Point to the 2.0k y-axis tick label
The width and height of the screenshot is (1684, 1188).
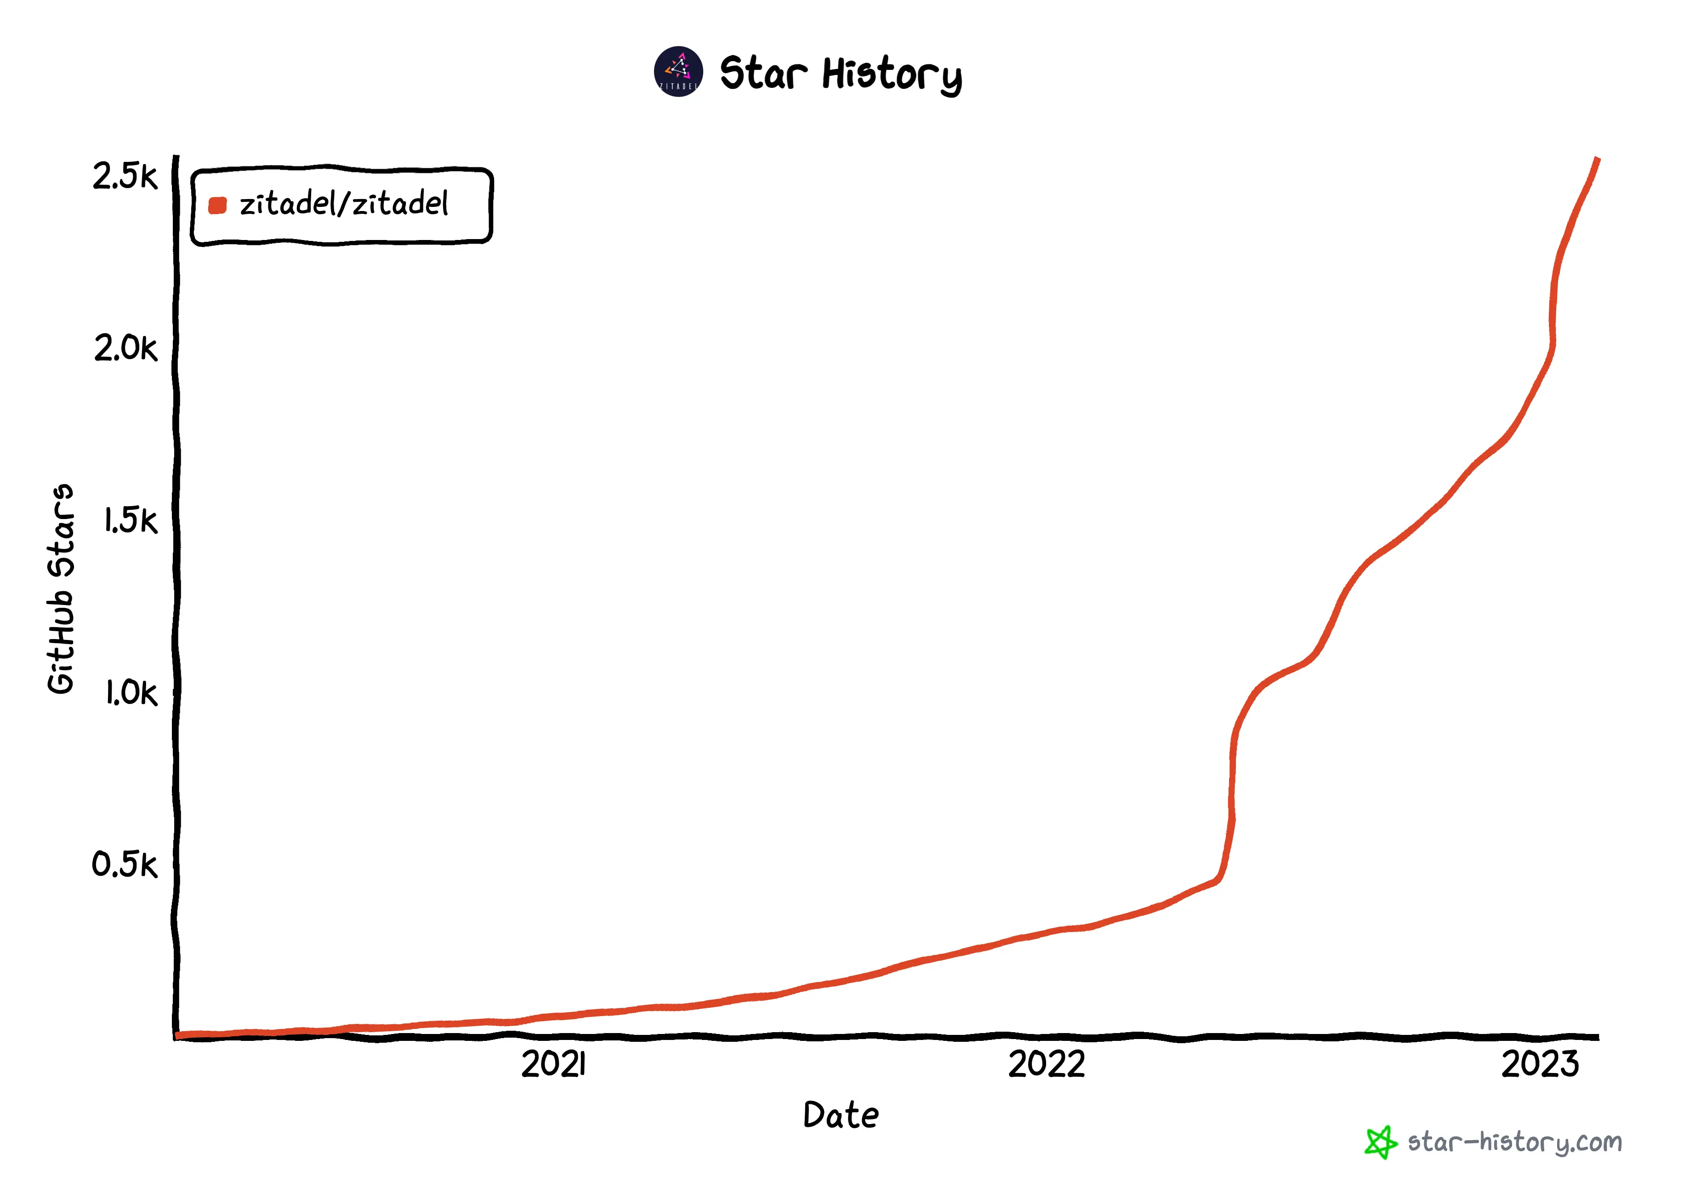[x=125, y=348]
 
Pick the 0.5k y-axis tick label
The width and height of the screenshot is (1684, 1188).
[x=125, y=864]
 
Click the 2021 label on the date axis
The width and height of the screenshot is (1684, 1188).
[x=554, y=1064]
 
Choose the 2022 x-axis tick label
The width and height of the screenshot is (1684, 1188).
[x=1046, y=1064]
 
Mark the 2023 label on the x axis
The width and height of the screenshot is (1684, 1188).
[x=1540, y=1064]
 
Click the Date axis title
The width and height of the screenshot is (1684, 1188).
[x=841, y=1115]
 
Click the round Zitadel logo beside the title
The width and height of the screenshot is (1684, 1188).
[x=678, y=72]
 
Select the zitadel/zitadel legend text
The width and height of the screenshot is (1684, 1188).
[x=343, y=204]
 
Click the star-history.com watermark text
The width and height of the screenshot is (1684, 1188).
[x=1514, y=1142]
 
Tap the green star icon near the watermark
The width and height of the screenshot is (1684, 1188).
[x=1380, y=1142]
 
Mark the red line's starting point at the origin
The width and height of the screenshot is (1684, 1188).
[x=179, y=1035]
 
